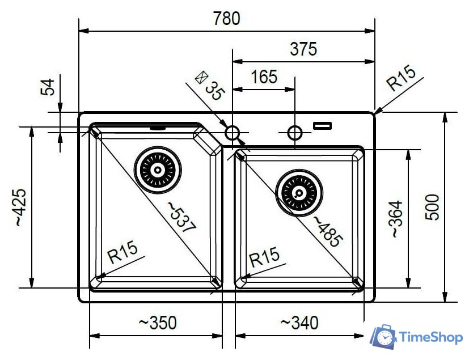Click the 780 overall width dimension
pyautogui.click(x=226, y=18)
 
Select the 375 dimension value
pyautogui.click(x=303, y=49)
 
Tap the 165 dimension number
pyautogui.click(x=264, y=77)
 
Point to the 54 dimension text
pyautogui.click(x=48, y=87)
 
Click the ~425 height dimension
pyautogui.click(x=20, y=207)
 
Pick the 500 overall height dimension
pyautogui.click(x=432, y=207)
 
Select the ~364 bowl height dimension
pyautogui.click(x=397, y=219)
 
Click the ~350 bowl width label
pyautogui.click(x=158, y=323)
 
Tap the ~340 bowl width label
pyautogui.click(x=299, y=323)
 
